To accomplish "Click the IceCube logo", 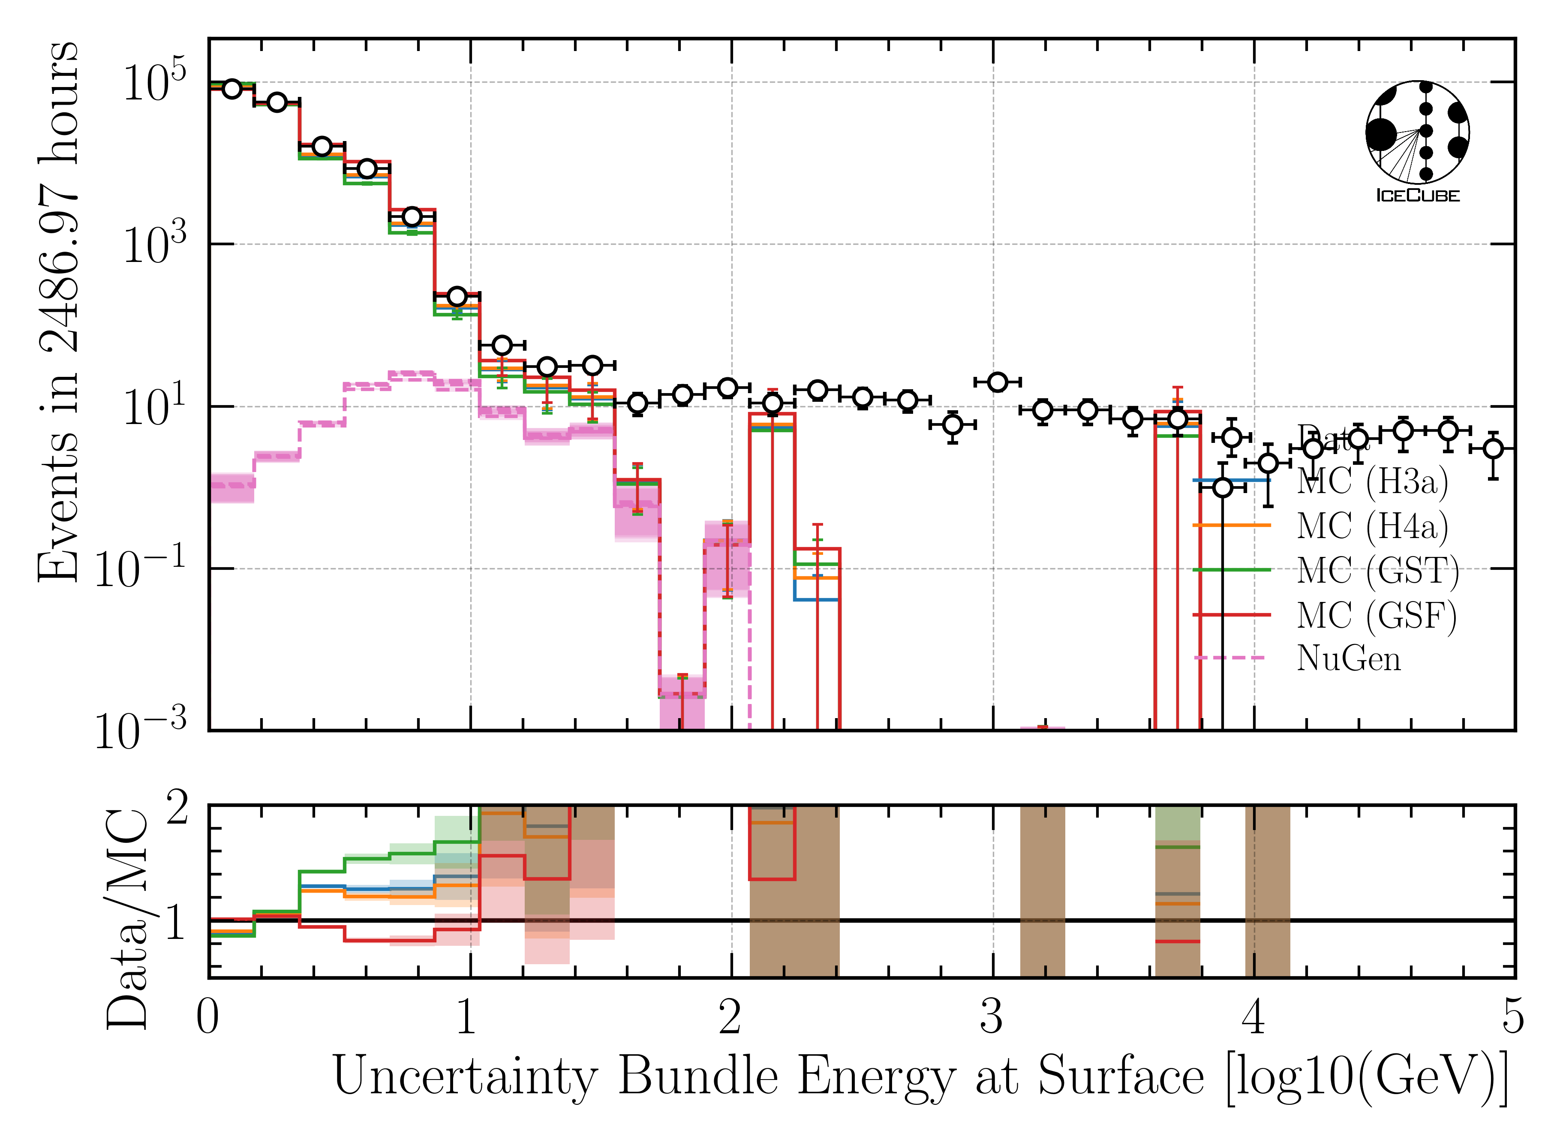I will pyautogui.click(x=1417, y=141).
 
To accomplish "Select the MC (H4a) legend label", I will pyautogui.click(x=1372, y=526).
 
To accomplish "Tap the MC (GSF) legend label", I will pyautogui.click(x=1376, y=615).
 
